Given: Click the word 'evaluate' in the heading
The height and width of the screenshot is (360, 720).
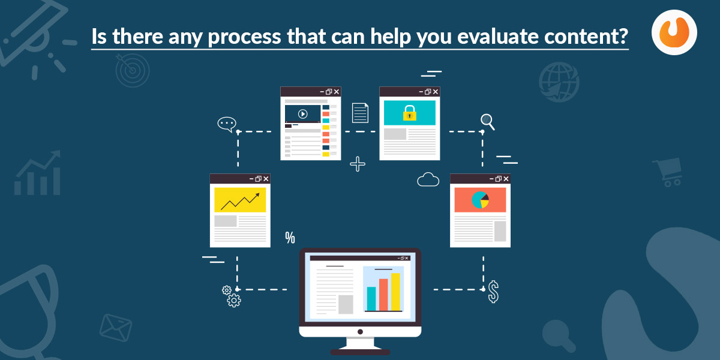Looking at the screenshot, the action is tap(497, 36).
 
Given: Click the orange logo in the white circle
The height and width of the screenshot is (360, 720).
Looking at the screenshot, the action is tap(674, 32).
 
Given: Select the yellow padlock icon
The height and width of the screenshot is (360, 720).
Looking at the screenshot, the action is tap(409, 113).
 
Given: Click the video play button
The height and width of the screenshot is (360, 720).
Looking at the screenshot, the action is tap(302, 114).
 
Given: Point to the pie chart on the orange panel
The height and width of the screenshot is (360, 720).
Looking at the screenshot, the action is tap(480, 200).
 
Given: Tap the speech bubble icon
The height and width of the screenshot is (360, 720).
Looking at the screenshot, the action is tap(227, 124).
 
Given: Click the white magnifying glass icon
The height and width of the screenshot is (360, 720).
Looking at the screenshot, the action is tap(488, 122).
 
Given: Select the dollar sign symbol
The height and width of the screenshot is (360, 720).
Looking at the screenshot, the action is tap(493, 292).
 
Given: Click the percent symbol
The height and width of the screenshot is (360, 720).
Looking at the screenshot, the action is tap(290, 238).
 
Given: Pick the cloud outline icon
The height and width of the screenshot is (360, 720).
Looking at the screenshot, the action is tap(428, 179).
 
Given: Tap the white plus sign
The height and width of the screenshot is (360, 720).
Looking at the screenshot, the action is tap(358, 164).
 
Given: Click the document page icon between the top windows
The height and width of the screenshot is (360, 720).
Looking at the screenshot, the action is tap(360, 113).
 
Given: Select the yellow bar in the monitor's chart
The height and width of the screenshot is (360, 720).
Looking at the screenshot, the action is tap(395, 292).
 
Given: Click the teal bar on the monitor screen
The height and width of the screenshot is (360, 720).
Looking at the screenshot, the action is tap(371, 299).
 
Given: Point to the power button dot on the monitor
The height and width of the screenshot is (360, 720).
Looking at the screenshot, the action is tap(361, 332).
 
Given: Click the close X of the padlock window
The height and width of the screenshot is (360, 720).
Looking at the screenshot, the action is tap(436, 92).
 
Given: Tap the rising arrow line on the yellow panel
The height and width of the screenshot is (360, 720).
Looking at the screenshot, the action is tap(240, 202).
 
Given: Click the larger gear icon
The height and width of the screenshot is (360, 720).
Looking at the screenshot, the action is tap(233, 301).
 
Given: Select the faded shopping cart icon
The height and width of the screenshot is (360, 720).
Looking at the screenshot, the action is tap(668, 172).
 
